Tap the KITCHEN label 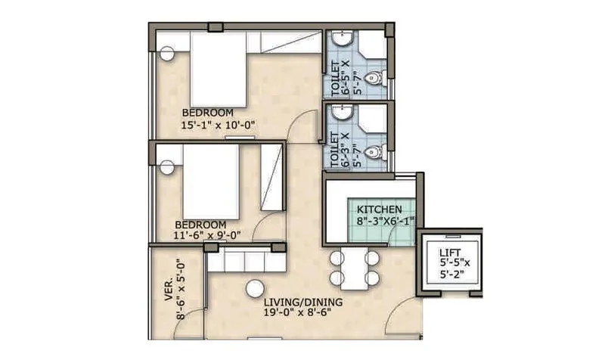point(380,209)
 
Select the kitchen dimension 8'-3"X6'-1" point(385,222)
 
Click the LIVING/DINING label point(302,302)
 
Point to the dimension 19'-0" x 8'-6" point(302,312)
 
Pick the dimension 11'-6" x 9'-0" point(207,235)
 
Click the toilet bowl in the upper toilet point(376,79)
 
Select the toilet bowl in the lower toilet point(374,153)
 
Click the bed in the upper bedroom point(219,69)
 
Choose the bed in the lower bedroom point(211,182)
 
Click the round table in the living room point(254,289)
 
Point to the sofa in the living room point(246,262)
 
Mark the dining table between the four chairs point(354,268)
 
